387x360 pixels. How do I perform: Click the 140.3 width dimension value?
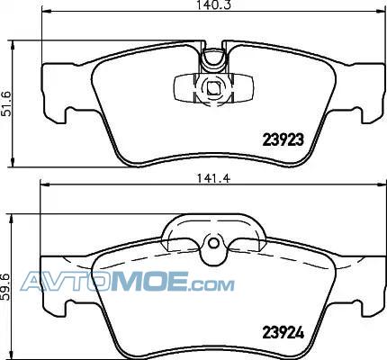pos(214,4)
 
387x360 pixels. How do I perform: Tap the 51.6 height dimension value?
pos(6,103)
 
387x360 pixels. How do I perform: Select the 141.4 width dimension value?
pos(213,178)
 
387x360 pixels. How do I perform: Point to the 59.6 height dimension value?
pos(6,286)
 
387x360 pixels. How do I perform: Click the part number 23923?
pos(283,139)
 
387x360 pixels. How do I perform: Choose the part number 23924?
pos(283,332)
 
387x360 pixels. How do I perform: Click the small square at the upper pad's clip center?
pos(213,88)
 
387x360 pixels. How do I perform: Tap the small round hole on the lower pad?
pos(213,243)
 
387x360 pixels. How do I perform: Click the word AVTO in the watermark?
pos(66,281)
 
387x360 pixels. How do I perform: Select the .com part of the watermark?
pos(211,285)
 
